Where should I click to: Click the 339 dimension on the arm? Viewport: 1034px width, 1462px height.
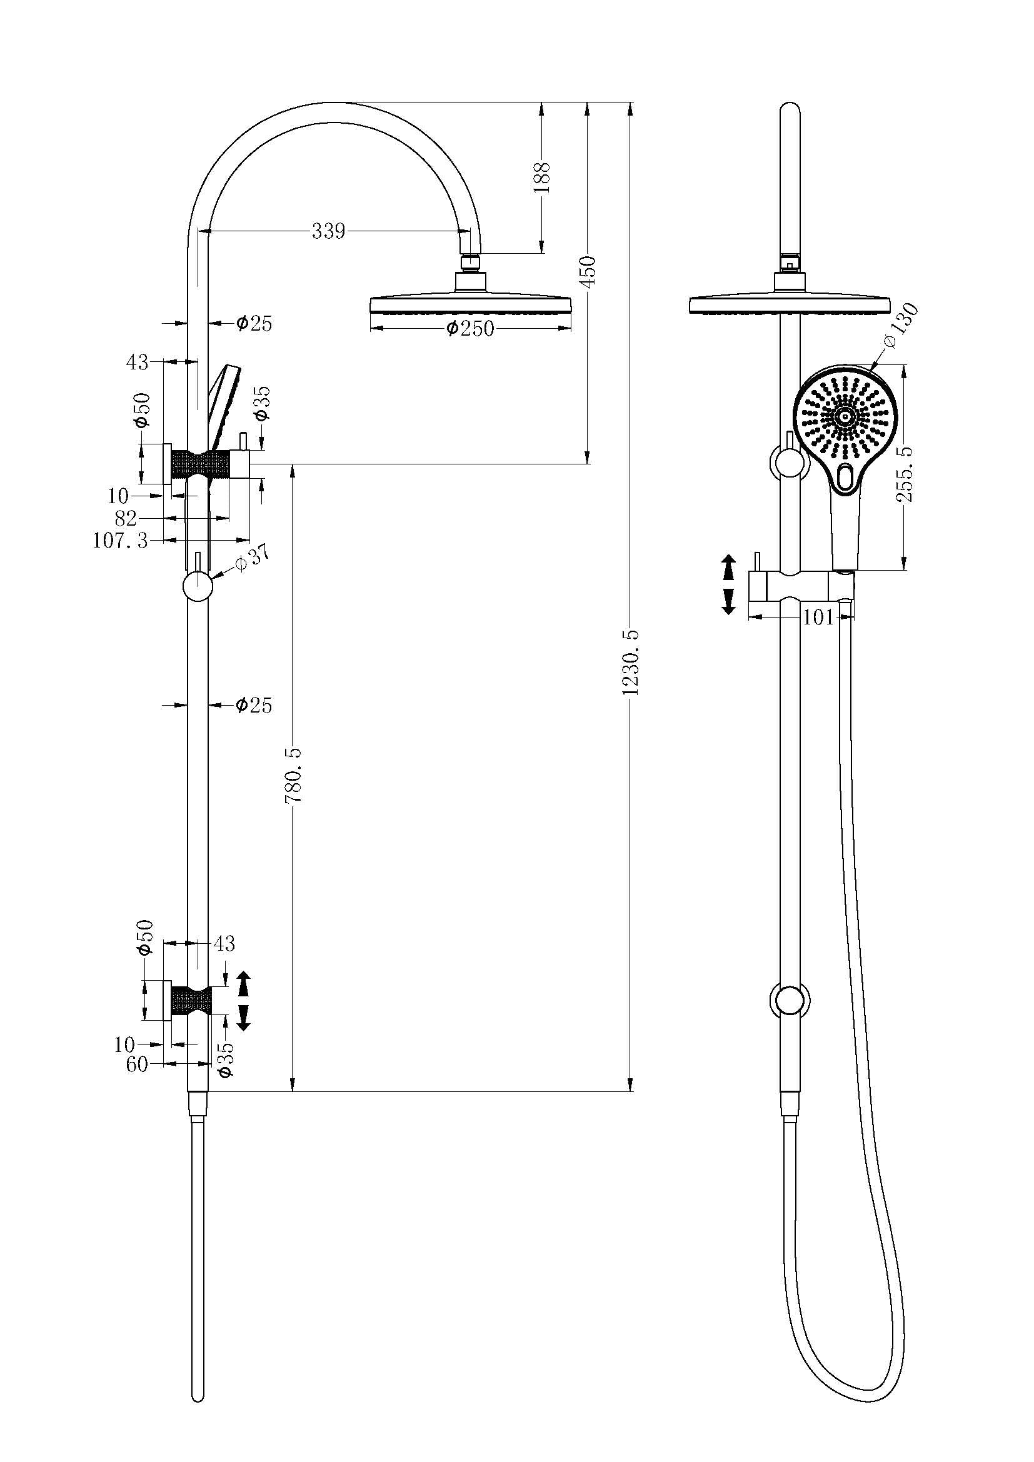point(328,231)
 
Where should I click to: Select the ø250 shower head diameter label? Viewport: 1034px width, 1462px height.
point(470,329)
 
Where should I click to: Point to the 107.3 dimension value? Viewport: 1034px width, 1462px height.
point(120,541)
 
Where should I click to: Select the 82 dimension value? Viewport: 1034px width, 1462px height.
point(126,518)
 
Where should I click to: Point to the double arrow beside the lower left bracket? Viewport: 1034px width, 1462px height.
point(243,1001)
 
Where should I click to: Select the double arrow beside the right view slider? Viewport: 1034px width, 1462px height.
point(728,584)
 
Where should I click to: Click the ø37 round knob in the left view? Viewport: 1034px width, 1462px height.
point(197,586)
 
